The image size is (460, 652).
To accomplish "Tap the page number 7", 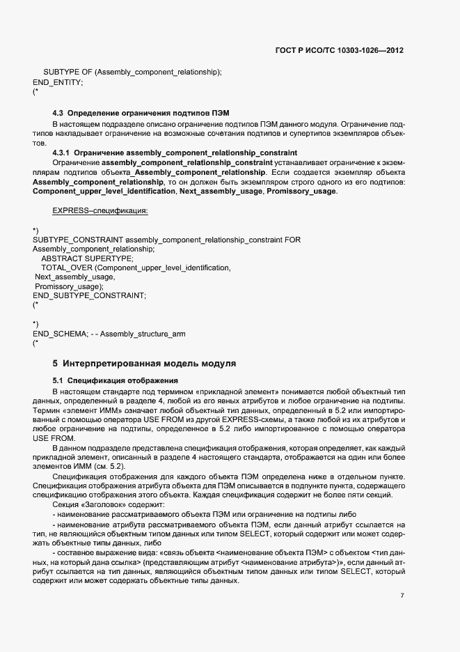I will coord(402,595).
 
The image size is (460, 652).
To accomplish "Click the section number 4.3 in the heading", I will coord(58,113).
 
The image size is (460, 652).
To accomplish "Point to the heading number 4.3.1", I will coord(62,153).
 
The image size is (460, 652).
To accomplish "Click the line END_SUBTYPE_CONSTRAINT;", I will coord(89,295).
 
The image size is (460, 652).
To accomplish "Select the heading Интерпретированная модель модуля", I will coord(150,364).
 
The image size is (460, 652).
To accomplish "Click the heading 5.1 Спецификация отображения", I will coord(116,380).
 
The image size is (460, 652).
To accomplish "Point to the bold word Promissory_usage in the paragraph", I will coord(301,191).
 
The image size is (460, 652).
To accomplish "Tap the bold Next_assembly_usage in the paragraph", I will coord(221,191).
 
